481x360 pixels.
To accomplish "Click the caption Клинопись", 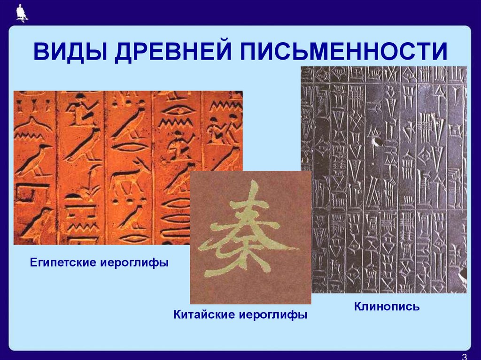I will [387, 307].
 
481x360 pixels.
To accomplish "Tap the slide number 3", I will [464, 355].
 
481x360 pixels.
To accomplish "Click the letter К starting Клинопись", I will [357, 307].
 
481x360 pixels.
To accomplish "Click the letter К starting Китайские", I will [177, 314].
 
